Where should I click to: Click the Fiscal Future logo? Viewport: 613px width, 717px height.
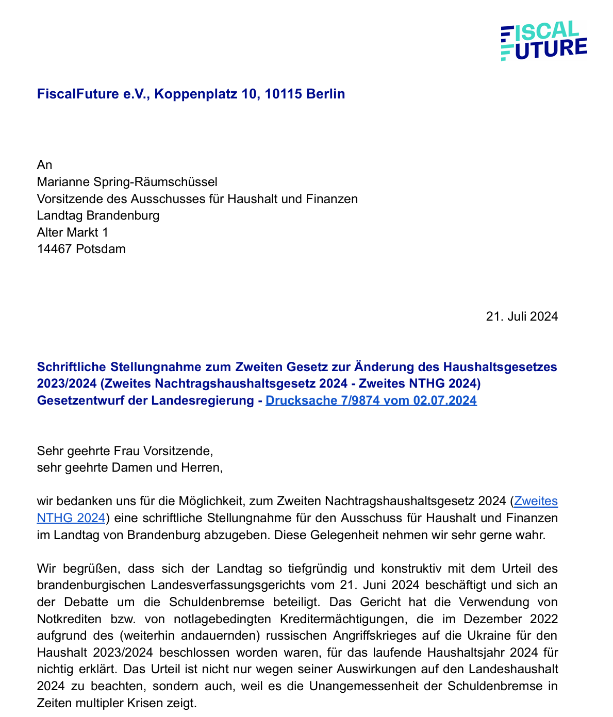click(x=544, y=41)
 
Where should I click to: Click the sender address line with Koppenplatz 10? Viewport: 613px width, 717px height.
click(x=191, y=94)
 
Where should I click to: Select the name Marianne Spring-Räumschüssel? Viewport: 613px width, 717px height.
click(x=127, y=181)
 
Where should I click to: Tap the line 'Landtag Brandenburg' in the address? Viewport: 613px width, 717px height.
click(x=98, y=215)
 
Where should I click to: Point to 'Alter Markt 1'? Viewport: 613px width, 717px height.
click(x=73, y=232)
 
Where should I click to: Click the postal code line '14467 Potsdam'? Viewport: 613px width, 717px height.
click(x=81, y=249)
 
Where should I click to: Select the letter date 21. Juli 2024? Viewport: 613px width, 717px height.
click(x=522, y=316)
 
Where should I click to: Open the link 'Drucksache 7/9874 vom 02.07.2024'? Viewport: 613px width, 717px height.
click(x=371, y=401)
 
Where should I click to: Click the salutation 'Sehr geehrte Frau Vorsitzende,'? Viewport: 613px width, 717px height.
click(x=125, y=451)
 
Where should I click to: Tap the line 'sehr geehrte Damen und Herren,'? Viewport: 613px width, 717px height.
click(x=129, y=468)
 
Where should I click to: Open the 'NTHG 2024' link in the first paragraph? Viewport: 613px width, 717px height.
click(x=71, y=518)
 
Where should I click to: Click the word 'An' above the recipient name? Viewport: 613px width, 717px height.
click(x=44, y=165)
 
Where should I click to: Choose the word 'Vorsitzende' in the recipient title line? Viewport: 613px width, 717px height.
click(x=68, y=198)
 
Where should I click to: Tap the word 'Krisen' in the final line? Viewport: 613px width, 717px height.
click(x=167, y=702)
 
